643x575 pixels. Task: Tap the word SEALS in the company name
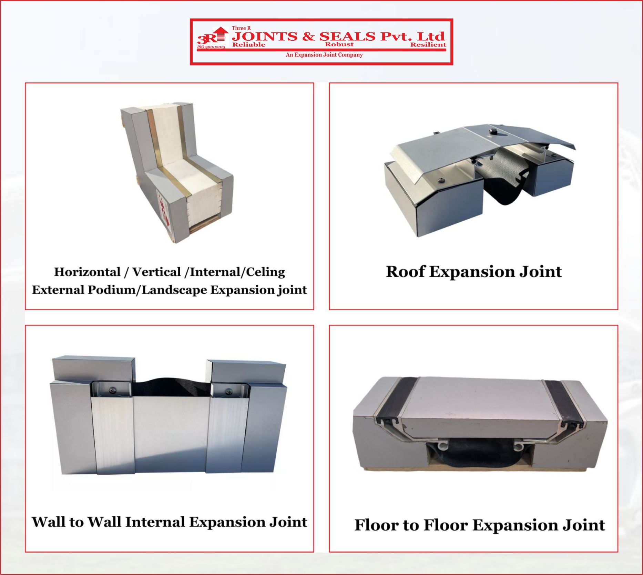(x=347, y=36)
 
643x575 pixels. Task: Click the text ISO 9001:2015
(x=211, y=47)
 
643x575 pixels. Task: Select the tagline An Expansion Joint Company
(x=324, y=55)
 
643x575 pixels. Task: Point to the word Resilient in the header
(x=428, y=44)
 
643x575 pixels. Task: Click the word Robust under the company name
(x=339, y=44)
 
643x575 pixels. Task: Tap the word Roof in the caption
(x=405, y=272)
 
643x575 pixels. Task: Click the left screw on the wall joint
(x=112, y=390)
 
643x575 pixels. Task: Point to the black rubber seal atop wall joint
(x=171, y=387)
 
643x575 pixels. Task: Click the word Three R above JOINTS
(x=241, y=28)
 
